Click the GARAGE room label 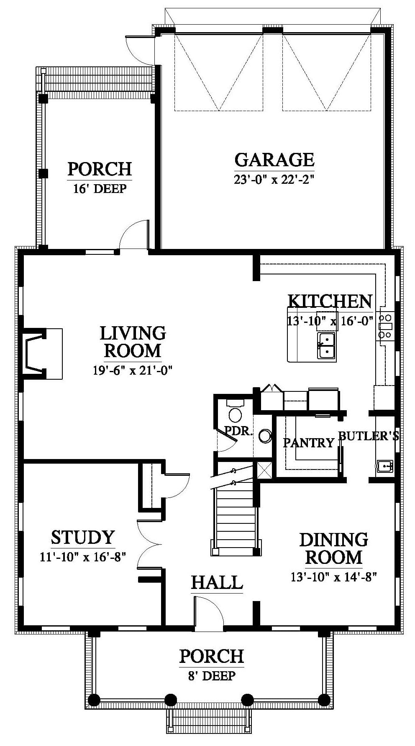(274, 159)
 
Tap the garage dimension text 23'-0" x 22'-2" (274, 180)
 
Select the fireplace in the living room (42, 354)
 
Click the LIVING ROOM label (133, 342)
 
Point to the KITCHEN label (330, 301)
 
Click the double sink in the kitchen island (326, 345)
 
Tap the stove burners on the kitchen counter (385, 326)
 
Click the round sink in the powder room (265, 436)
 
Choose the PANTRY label (308, 442)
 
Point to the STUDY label (83, 537)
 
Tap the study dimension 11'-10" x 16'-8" (83, 557)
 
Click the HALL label (217, 582)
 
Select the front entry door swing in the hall (208, 612)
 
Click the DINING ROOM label (333, 548)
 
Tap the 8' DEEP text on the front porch (212, 675)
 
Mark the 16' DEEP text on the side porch (100, 188)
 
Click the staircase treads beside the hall (235, 518)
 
